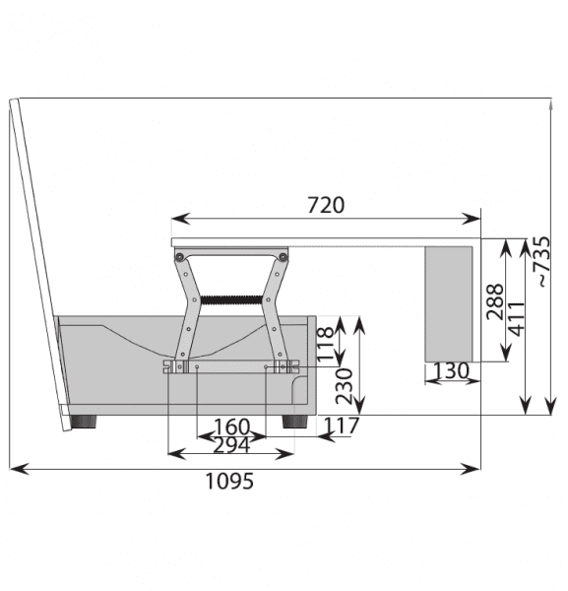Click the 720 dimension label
[326, 205]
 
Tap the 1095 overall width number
[229, 481]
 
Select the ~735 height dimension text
[542, 262]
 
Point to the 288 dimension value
[495, 302]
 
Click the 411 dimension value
[517, 319]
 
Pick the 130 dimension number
[451, 370]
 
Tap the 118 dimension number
[325, 344]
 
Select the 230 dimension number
[344, 386]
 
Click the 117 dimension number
[342, 426]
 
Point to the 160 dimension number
[231, 427]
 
